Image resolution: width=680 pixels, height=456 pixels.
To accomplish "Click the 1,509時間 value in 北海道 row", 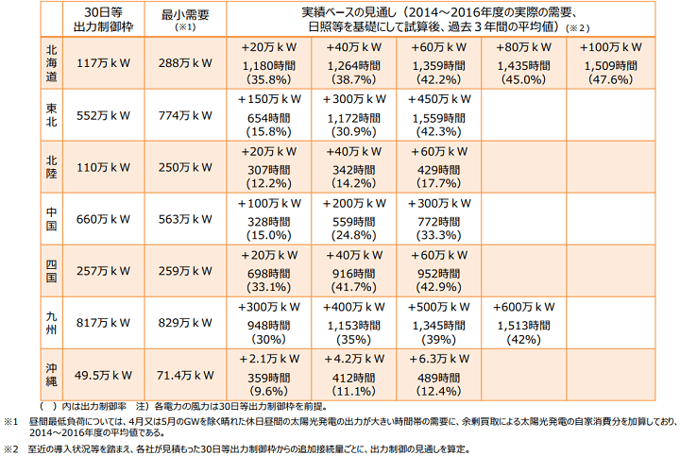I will tap(607, 63).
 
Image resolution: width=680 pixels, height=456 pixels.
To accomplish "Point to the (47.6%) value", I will tap(607, 79).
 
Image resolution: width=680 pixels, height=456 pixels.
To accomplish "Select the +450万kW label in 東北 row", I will tap(438, 99).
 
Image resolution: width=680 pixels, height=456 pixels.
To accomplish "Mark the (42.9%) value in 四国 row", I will tap(438, 287).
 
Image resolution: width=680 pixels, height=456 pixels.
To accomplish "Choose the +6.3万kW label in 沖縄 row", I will tap(438, 359).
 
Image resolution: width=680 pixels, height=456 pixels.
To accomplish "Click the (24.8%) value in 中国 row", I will tap(353, 235).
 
